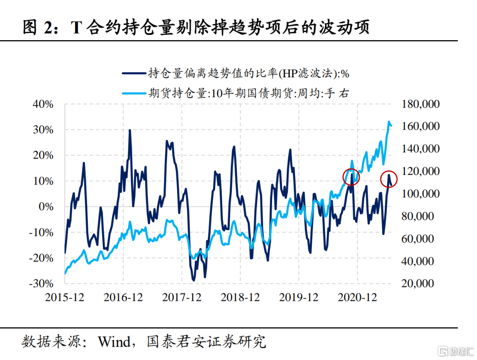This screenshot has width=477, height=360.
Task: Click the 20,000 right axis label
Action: click(423, 284)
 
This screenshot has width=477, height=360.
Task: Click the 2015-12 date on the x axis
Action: click(64, 297)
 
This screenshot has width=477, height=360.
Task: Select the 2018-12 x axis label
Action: click(240, 297)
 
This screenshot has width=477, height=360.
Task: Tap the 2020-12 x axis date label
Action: click(357, 297)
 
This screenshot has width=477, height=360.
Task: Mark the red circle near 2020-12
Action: click(351, 177)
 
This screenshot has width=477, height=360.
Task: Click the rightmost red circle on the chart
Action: click(389, 179)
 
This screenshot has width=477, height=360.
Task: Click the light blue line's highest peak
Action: click(389, 122)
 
